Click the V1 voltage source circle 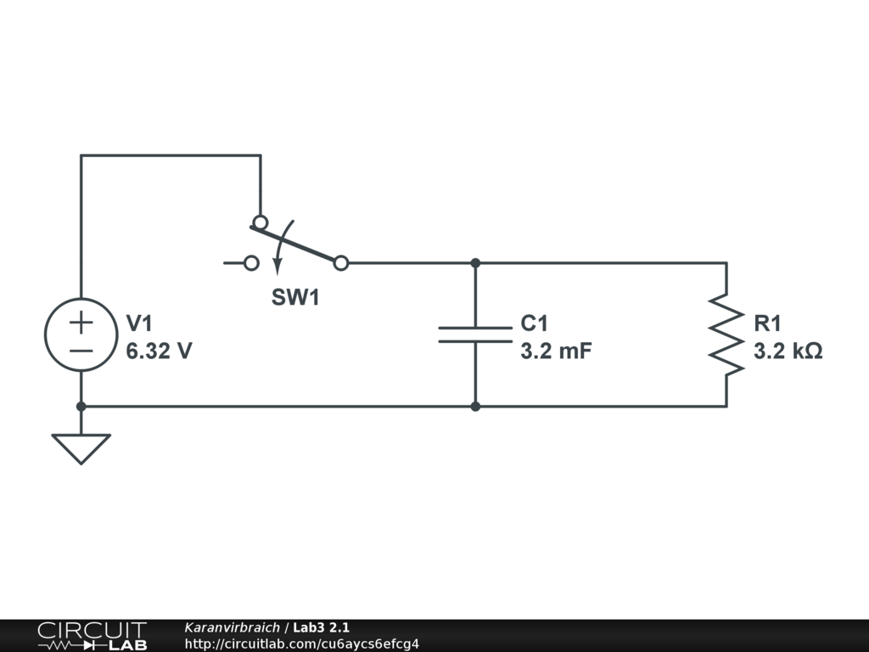(x=81, y=335)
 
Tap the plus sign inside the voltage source (x=81, y=323)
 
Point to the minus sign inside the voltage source (x=81, y=350)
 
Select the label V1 (x=139, y=323)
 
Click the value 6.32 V (x=159, y=351)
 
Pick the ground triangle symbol (x=81, y=447)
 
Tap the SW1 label (x=295, y=298)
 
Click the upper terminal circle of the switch (x=260, y=222)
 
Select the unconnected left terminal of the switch (x=251, y=263)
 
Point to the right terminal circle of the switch (x=340, y=263)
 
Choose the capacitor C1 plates (x=475, y=334)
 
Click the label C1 (x=535, y=323)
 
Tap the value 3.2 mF (x=556, y=351)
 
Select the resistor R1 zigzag (x=726, y=334)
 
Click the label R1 (x=767, y=323)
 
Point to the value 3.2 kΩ (x=788, y=351)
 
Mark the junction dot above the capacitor (x=475, y=263)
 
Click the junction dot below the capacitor (x=475, y=407)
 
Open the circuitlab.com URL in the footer (x=301, y=644)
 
